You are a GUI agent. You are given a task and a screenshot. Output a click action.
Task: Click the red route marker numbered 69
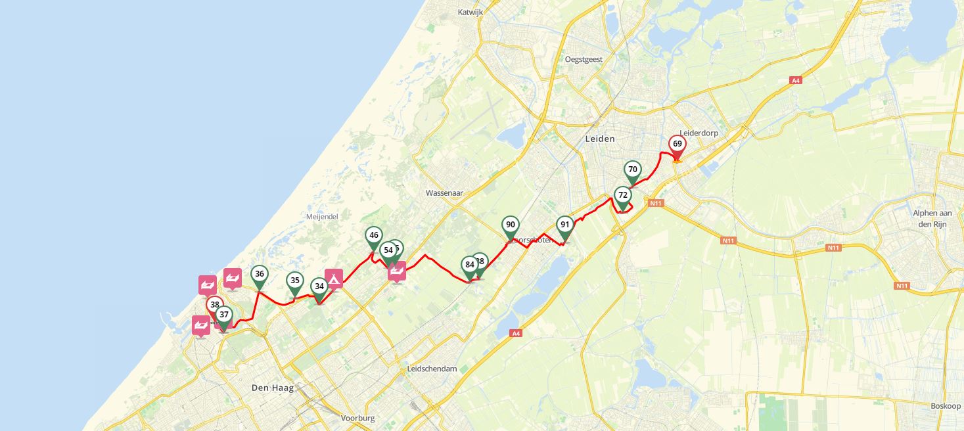[x=677, y=145]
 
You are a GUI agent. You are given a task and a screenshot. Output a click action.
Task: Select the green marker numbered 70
[x=632, y=170]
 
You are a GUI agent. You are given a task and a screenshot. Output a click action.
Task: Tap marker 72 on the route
[x=622, y=196]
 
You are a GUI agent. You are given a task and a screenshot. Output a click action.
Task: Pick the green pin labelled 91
[x=564, y=225]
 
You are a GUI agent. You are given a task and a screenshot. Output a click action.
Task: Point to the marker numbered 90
[x=510, y=225]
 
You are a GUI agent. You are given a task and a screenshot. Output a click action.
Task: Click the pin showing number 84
[x=469, y=265]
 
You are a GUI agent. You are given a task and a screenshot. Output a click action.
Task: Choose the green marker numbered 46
[x=373, y=236]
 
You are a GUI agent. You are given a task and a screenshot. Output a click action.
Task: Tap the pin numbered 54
[x=388, y=250]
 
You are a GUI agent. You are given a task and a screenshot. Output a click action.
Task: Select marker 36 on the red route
[x=260, y=275]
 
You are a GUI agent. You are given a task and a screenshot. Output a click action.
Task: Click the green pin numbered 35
[x=295, y=281]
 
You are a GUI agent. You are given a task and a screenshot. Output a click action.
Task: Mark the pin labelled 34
[x=319, y=286]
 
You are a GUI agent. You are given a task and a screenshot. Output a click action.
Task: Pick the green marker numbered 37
[x=224, y=315]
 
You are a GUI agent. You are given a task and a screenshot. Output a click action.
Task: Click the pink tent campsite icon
[x=334, y=279]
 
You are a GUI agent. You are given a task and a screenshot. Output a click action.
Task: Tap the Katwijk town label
[x=471, y=12]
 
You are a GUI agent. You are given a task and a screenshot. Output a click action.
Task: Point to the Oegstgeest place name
[x=584, y=59]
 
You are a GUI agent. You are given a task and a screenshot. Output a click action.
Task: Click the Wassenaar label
[x=444, y=193]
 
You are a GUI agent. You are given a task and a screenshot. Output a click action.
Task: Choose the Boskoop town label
[x=945, y=406]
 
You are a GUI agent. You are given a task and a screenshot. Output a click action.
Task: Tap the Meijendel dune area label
[x=321, y=216]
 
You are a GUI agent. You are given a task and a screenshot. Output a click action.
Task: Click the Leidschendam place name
[x=432, y=369]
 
